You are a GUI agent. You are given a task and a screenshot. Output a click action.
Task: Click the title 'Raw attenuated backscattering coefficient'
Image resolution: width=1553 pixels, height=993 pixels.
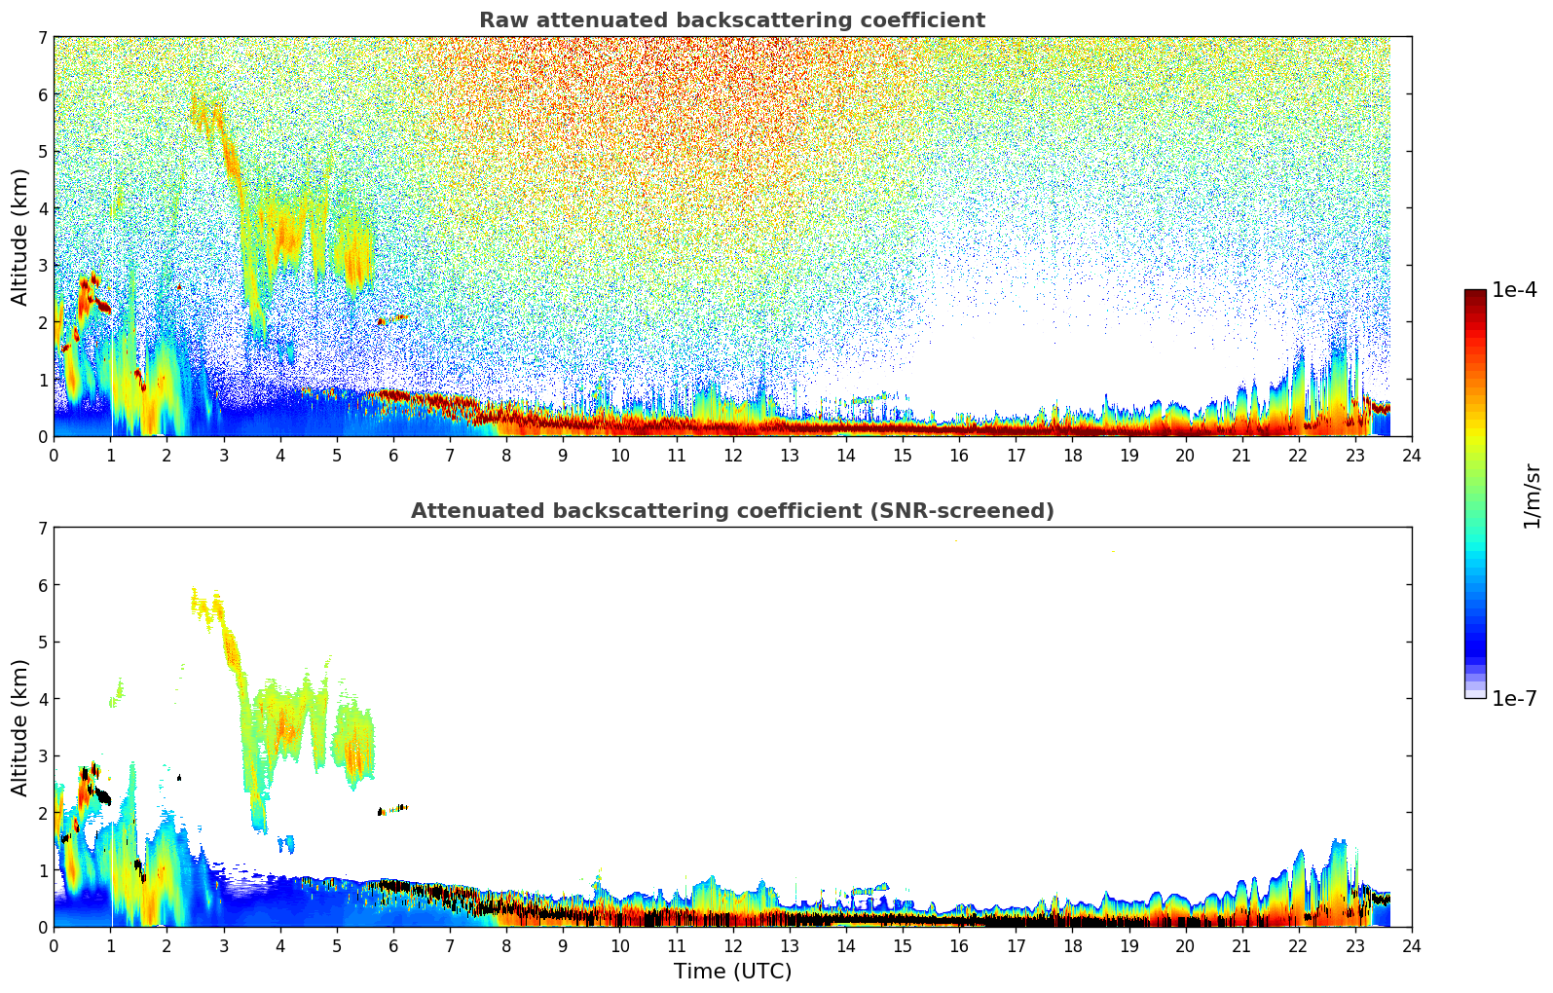pyautogui.click(x=731, y=20)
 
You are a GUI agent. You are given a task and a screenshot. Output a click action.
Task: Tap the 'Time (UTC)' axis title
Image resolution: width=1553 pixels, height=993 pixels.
pyautogui.click(x=732, y=971)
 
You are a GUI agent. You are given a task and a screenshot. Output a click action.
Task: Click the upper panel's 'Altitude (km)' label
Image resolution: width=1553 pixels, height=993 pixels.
pyautogui.click(x=19, y=237)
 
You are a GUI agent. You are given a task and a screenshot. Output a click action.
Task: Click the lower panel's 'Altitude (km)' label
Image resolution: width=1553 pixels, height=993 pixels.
pyautogui.click(x=19, y=727)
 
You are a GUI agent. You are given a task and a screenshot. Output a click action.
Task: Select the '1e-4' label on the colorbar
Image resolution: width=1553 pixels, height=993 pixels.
pyautogui.click(x=1514, y=290)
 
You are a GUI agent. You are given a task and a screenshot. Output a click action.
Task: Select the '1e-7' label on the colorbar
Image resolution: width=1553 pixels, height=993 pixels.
pyautogui.click(x=1514, y=698)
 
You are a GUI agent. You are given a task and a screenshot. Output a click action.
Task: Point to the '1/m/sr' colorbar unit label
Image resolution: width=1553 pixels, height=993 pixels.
pyautogui.click(x=1532, y=495)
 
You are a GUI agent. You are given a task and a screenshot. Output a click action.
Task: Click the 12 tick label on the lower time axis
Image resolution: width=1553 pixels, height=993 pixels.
pyautogui.click(x=732, y=945)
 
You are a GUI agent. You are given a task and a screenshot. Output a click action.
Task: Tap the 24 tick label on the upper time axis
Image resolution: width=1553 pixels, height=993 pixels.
pyautogui.click(x=1412, y=455)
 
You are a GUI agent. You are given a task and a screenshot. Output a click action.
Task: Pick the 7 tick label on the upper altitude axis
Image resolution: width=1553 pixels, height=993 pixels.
pyautogui.click(x=43, y=37)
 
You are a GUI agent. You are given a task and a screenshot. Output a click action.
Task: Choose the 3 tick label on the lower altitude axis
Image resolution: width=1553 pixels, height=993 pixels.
pyautogui.click(x=43, y=756)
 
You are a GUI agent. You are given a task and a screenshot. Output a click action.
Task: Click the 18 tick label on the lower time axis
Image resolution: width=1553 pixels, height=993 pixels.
pyautogui.click(x=1072, y=945)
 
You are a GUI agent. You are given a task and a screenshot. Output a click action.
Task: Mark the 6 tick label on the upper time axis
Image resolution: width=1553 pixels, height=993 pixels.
pyautogui.click(x=393, y=455)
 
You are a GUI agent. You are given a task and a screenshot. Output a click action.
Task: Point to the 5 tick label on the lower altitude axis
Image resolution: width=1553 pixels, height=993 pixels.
pyautogui.click(x=43, y=643)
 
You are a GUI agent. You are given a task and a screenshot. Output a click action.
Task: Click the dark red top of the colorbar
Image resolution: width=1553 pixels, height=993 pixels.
pyautogui.click(x=1475, y=294)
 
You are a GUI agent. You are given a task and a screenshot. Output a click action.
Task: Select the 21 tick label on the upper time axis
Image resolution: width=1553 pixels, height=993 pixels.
pyautogui.click(x=1241, y=455)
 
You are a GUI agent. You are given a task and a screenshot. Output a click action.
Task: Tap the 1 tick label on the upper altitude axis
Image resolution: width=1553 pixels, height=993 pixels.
pyautogui.click(x=43, y=380)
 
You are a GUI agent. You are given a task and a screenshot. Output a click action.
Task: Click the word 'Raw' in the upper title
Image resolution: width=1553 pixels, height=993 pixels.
pyautogui.click(x=500, y=20)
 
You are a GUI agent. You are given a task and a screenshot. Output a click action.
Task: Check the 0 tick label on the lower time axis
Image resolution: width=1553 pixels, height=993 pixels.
pyautogui.click(x=54, y=945)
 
